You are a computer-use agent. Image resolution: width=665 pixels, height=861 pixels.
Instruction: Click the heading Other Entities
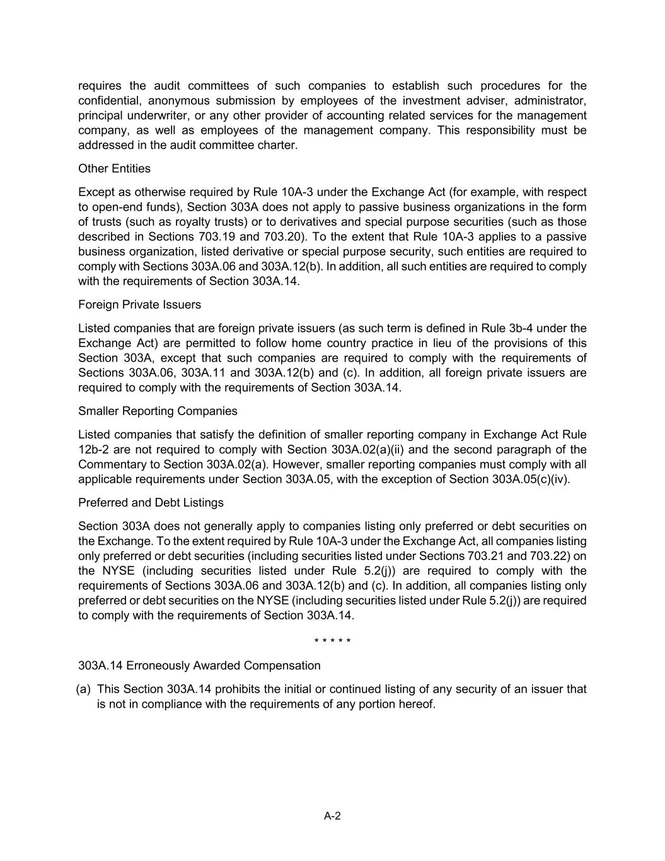[x=114, y=168]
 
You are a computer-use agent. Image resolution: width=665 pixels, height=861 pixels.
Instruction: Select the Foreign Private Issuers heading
[x=139, y=305]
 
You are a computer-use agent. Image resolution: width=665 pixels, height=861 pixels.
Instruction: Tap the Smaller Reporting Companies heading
[x=158, y=411]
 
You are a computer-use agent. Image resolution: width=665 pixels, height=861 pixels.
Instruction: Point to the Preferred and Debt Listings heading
[x=151, y=503]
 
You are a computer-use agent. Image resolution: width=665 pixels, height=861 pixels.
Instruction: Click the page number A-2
[x=332, y=816]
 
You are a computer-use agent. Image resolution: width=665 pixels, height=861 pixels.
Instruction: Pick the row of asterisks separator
[x=332, y=642]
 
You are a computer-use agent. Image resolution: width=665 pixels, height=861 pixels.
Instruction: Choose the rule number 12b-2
[x=95, y=450]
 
